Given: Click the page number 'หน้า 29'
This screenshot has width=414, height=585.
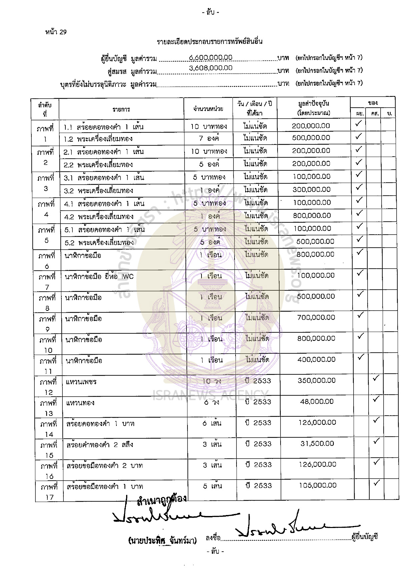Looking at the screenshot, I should pos(56,32).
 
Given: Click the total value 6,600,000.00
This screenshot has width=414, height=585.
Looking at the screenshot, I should pos(211,57).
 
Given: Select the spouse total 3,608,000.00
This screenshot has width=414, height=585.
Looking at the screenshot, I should pos(211,68).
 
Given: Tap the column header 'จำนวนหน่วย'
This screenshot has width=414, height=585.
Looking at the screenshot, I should pos(208,109).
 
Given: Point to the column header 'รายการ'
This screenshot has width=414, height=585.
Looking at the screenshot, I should pos(121,109).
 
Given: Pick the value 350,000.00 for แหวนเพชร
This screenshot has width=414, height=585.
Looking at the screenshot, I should pos(317,380).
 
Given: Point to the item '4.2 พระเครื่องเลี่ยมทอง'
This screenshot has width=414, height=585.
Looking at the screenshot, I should pos(99,217).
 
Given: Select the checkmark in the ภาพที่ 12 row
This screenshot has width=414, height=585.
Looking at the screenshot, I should pos(376,378).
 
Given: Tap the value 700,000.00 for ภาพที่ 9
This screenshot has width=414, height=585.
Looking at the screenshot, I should pos(316,317).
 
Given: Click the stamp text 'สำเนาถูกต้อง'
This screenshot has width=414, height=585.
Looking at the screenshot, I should pos(162,499).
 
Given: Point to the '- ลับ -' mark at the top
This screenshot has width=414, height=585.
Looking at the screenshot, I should pos(211,13).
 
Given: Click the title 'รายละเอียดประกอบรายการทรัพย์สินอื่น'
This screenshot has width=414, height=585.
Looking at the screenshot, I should pos(210,42).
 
